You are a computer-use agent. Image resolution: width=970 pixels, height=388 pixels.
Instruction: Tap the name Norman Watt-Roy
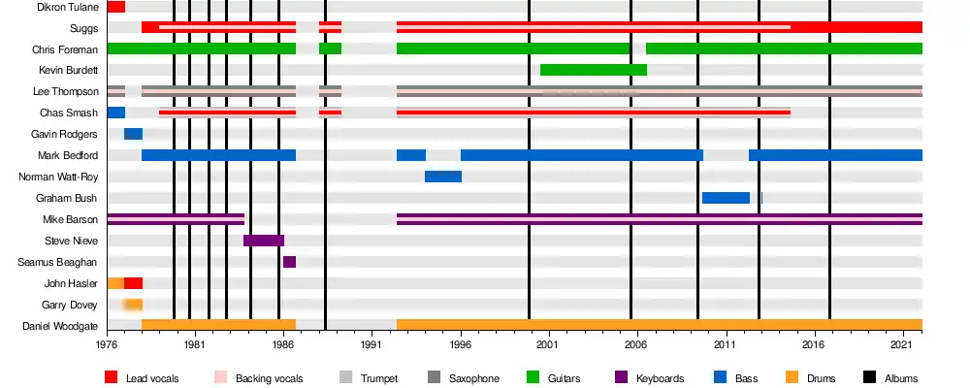point(58,177)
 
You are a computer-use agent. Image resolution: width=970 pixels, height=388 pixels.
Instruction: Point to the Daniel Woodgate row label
point(65,326)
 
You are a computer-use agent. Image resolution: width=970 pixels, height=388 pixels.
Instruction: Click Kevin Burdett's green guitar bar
point(593,70)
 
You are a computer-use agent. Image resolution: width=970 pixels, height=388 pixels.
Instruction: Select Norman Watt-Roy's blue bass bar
point(443,177)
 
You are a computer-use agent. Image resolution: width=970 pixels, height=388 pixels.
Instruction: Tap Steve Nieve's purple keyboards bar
point(264,241)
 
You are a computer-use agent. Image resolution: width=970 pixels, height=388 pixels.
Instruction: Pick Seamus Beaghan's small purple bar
point(289,262)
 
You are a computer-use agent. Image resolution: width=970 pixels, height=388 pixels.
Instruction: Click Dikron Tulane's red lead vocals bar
point(115,7)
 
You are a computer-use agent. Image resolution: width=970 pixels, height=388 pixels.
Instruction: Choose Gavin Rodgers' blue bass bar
point(133,134)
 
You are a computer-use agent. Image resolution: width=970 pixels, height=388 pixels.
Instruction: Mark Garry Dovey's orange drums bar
point(133,305)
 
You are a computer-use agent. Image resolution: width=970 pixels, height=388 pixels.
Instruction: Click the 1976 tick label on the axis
point(107,344)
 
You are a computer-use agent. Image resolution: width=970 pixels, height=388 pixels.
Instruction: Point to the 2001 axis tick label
point(548,344)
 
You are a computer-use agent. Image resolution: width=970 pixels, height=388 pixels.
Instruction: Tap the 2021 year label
point(902,344)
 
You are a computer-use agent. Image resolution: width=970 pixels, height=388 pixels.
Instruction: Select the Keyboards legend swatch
point(622,378)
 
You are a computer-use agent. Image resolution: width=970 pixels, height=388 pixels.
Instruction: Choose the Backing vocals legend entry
point(261,378)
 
